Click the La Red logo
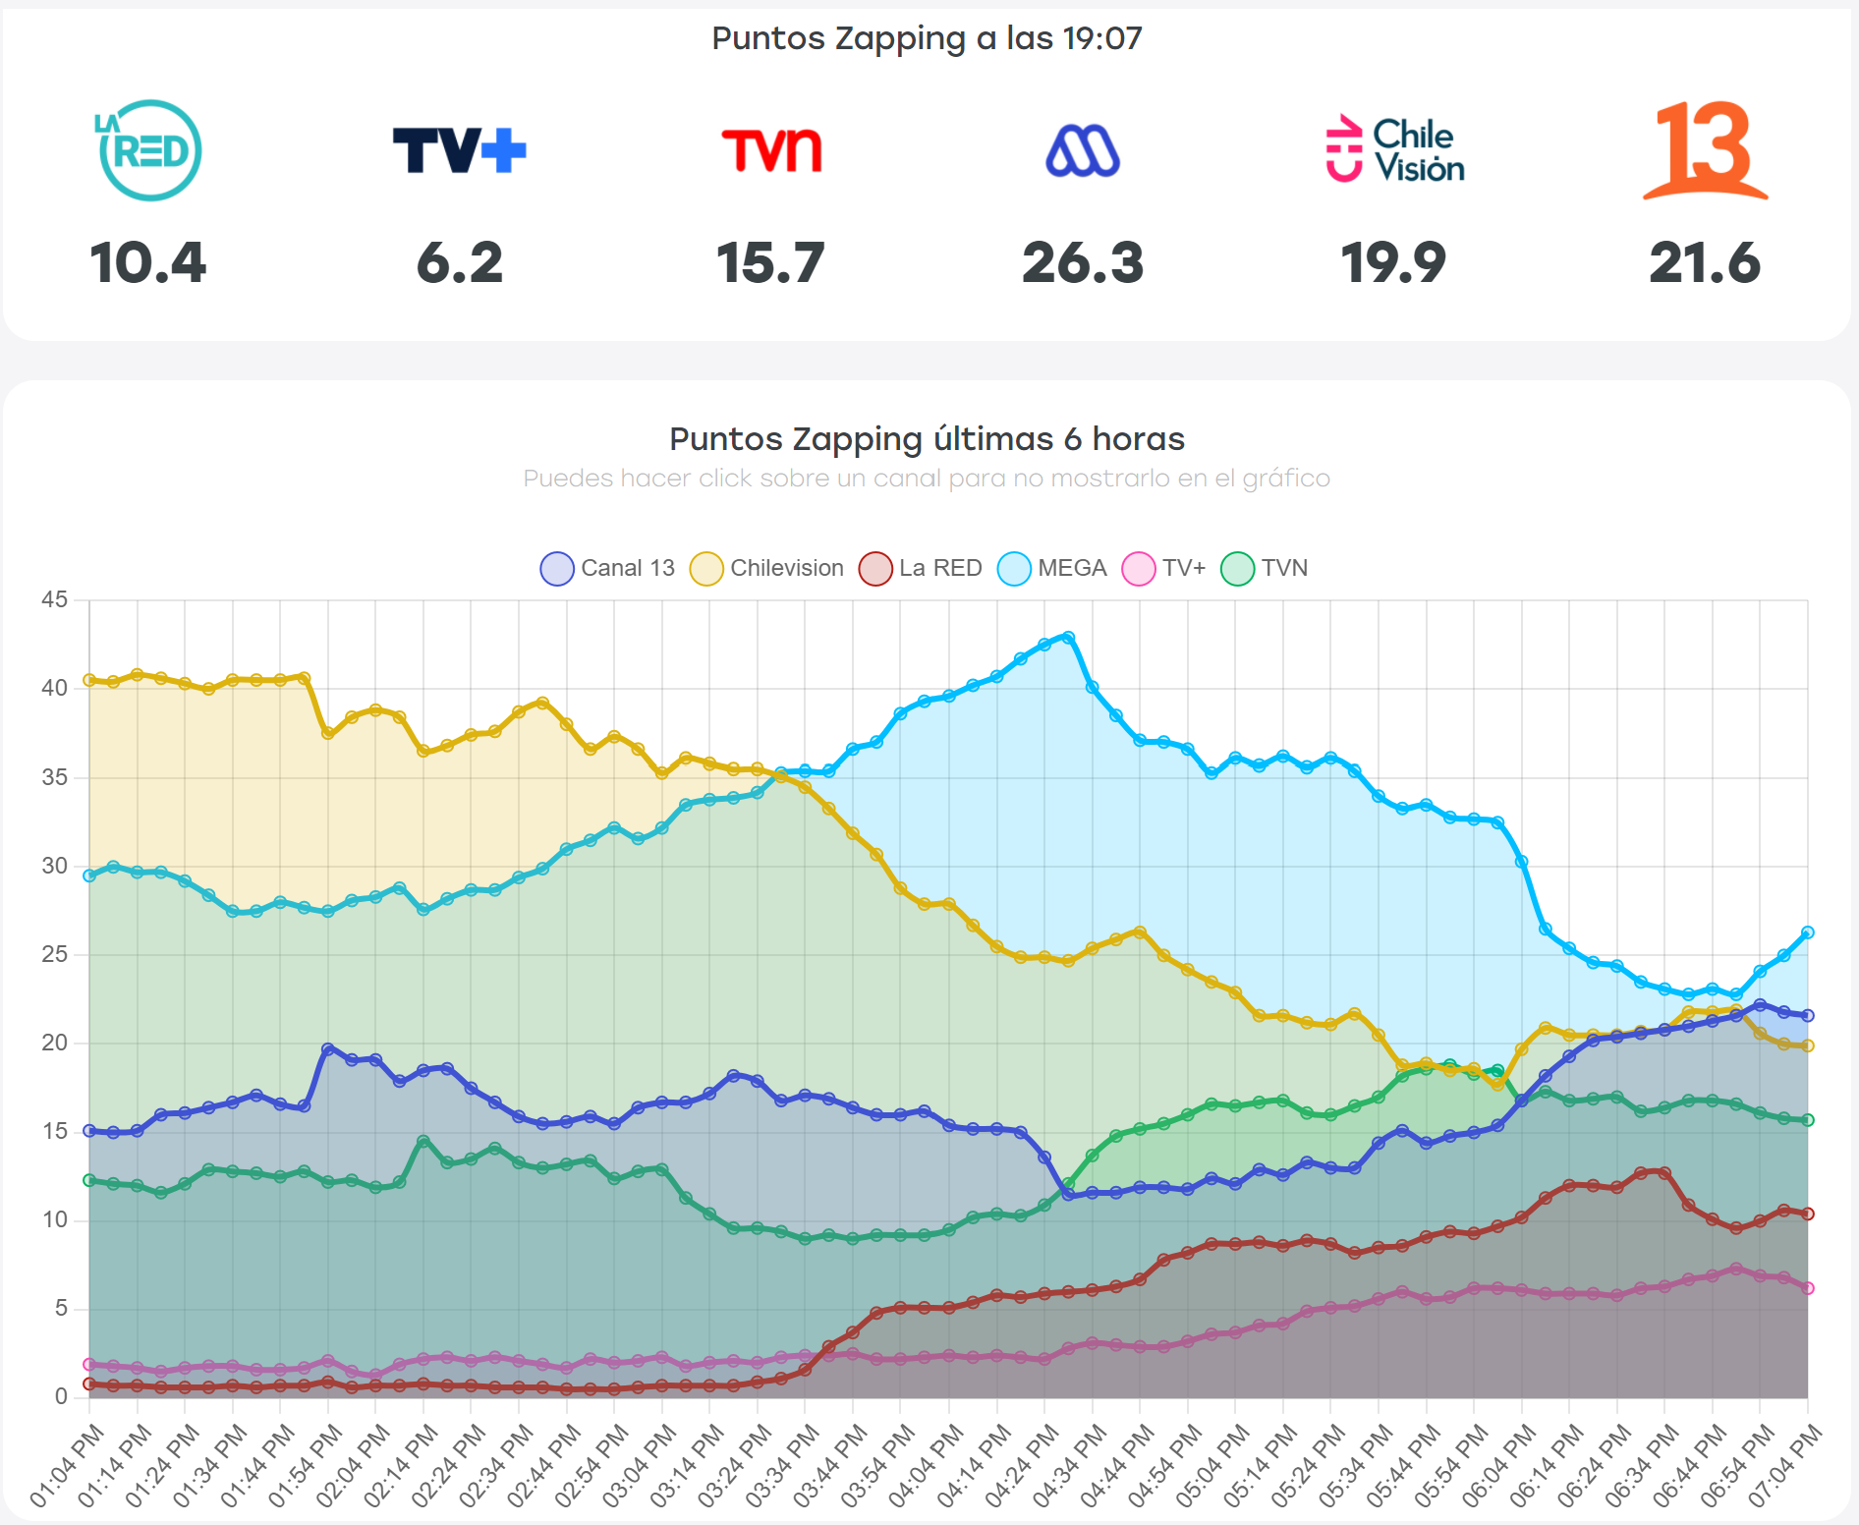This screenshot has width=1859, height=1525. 149,150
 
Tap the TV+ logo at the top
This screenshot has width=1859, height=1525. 459,150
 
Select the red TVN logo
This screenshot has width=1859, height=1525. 771,150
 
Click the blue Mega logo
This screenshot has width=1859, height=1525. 1083,151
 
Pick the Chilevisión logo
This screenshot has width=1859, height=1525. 1394,149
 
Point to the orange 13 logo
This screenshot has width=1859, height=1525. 1705,150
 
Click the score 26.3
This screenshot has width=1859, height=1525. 1083,262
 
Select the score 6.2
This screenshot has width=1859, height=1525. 459,262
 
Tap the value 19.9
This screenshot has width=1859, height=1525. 1393,262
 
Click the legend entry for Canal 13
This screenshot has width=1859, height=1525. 608,568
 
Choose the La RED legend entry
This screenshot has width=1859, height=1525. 921,568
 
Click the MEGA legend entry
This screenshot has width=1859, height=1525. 1052,568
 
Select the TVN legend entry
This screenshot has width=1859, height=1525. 1265,568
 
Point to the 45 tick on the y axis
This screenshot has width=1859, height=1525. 55,599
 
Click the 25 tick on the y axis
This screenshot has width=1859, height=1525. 55,954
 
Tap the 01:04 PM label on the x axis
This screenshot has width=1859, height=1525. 67,1465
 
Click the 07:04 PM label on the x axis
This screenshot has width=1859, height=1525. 1785,1465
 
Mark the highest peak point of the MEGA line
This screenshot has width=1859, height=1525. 1069,637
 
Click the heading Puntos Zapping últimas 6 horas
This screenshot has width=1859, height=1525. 927,438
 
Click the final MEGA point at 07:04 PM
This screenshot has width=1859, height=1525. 1807,932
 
